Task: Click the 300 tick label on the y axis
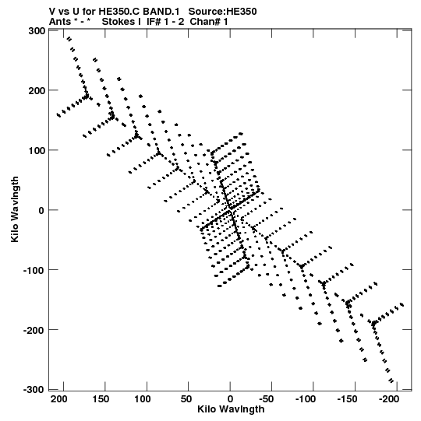37,31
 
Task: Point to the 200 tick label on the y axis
37,91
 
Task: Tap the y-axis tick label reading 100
37,151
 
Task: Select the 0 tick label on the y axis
41,210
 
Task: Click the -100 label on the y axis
34,270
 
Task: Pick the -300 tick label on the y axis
34,390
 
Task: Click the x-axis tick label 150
101,399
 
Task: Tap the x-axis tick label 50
186,399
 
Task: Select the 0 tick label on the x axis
230,399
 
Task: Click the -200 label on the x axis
389,399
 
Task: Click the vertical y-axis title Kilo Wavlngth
15,209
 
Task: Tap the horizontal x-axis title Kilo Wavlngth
231,409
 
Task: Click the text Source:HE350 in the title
222,12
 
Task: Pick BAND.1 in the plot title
161,12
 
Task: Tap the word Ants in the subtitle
60,22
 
